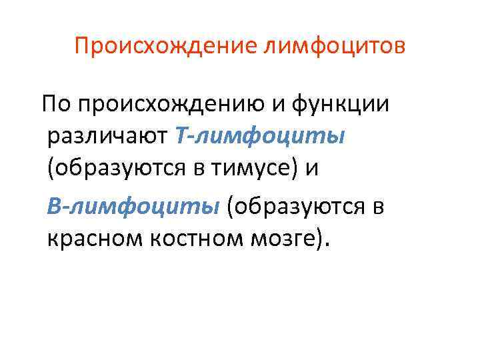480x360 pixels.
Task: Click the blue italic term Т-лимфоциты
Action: [x=260, y=137]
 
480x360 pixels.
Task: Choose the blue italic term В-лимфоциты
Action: [x=133, y=206]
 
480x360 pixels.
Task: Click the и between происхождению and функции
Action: [x=275, y=105]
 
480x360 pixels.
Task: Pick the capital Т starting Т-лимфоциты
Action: [x=184, y=137]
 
